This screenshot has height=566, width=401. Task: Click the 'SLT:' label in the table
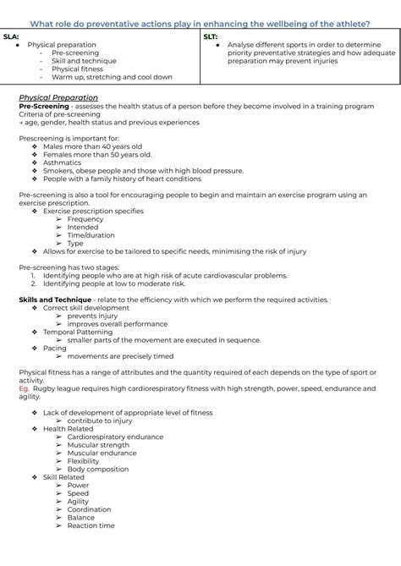click(x=211, y=37)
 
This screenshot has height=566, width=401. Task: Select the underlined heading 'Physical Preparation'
click(x=58, y=97)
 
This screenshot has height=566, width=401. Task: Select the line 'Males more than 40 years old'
click(x=92, y=146)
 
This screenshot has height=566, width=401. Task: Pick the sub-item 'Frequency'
click(x=85, y=219)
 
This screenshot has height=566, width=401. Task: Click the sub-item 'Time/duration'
click(x=91, y=235)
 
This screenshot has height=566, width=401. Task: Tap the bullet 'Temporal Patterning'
click(x=81, y=332)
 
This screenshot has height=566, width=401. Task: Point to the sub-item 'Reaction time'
click(x=91, y=525)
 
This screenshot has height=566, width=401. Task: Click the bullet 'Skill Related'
click(x=66, y=477)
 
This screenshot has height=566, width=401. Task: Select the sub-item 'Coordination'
click(x=89, y=509)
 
